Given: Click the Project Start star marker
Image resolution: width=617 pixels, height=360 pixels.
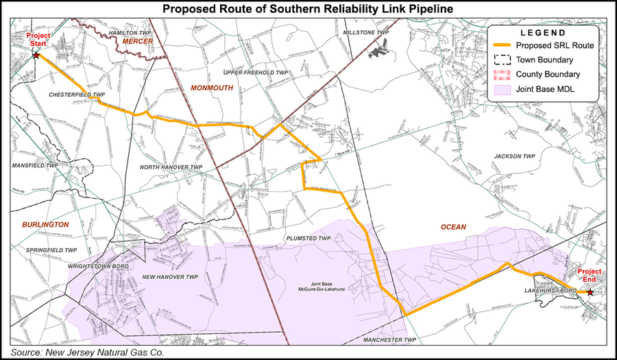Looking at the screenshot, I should pos(36,55).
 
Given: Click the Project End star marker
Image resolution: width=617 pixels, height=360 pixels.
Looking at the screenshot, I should pos(591,292).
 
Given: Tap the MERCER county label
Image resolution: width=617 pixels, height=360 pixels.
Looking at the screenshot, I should pos(136,42).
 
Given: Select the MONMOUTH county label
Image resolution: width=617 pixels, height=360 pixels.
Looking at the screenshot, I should pos(212,88).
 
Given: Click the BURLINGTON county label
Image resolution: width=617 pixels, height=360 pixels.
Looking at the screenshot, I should pos(45,224).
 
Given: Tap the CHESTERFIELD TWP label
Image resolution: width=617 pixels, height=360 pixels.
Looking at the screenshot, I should pos(76,95).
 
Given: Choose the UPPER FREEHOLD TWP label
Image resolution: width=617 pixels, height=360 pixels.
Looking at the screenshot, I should pos(253,72).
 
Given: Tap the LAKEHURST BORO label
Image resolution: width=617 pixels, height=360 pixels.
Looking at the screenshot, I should pos(546,291).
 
